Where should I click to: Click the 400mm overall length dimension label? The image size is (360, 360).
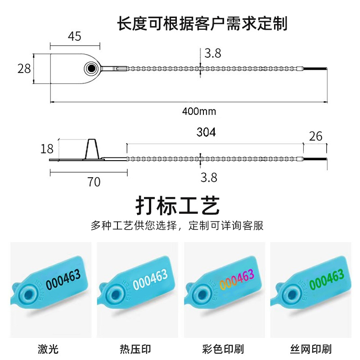point(199,111)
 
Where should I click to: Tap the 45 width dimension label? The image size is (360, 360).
point(75,36)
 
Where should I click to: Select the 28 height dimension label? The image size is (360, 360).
point(24,68)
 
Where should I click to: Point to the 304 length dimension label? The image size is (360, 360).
point(206,132)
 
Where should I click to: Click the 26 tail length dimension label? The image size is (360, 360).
point(316,135)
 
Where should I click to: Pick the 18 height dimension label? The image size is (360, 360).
point(47,148)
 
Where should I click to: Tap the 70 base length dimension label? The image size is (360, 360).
point(94,182)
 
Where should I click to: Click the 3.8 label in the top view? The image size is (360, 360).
point(212,54)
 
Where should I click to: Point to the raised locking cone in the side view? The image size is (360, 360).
point(92,149)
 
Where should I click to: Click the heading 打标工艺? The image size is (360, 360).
point(178,206)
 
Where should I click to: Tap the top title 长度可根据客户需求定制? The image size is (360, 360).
point(202,23)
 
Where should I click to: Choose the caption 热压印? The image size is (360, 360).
point(136,349)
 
